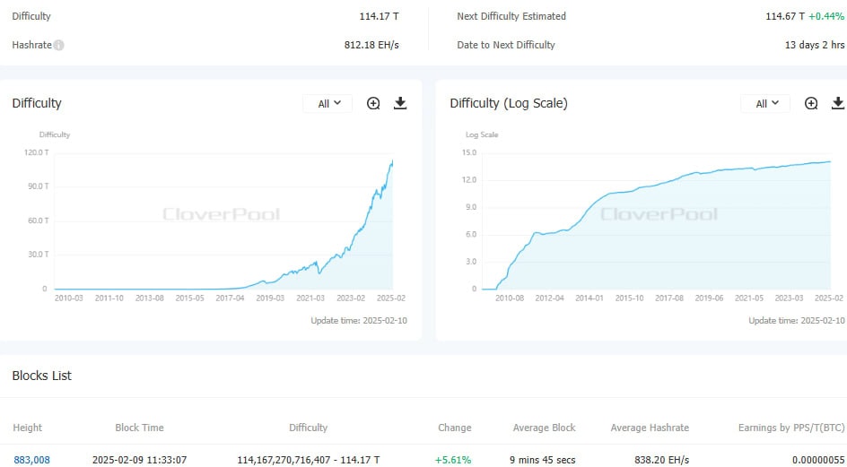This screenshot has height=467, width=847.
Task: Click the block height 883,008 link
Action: point(31,460)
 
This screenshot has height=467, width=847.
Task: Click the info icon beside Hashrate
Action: point(59,45)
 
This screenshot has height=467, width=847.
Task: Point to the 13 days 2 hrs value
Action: point(815,45)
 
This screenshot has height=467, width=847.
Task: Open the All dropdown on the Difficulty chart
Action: point(328,103)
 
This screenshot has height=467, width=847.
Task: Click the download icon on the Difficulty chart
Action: point(400,103)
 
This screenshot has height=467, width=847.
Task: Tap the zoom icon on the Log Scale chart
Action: point(811,103)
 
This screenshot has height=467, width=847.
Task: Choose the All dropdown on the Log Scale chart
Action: point(765,103)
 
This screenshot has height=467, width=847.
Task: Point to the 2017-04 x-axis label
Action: point(230,298)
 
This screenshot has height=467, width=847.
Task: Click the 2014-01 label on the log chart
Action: point(589,298)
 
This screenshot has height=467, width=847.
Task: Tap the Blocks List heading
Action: point(41,376)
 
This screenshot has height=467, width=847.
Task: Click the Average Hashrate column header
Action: point(650,428)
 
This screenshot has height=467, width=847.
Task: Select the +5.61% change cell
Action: point(454,460)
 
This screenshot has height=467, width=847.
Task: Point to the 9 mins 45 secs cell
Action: point(544,460)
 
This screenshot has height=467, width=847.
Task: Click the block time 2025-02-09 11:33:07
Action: point(139,460)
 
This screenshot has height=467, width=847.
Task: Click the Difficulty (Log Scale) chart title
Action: point(508,103)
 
